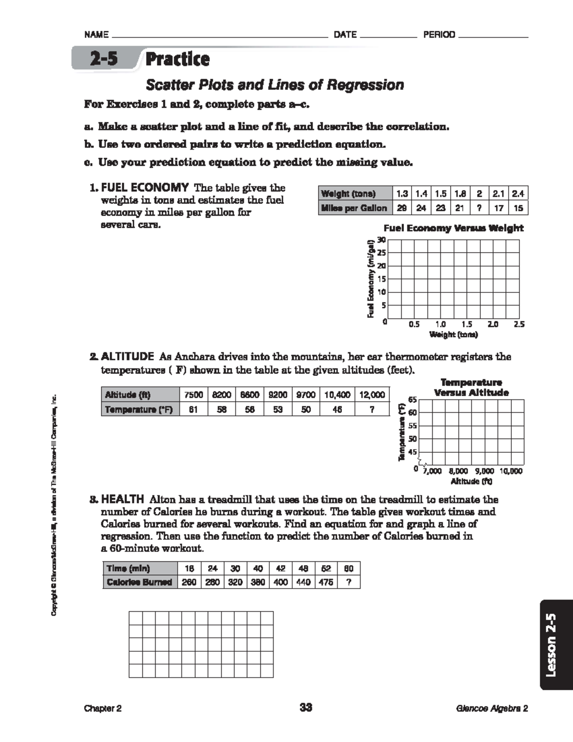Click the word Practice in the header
point(177,59)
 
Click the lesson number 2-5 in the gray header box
point(104,59)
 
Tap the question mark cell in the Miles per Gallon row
point(479,208)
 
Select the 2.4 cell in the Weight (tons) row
point(518,194)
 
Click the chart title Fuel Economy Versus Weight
point(453,228)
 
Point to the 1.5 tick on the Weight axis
point(467,324)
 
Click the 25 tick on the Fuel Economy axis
point(382,253)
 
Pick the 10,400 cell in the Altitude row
point(337,395)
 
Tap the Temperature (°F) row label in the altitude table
point(138,409)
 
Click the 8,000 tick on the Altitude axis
point(458,471)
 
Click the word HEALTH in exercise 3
point(122,499)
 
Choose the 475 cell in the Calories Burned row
point(326,582)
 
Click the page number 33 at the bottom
point(306,708)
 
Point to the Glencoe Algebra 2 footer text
point(491,709)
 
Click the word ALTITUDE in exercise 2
point(127,356)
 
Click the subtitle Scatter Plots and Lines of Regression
point(275,85)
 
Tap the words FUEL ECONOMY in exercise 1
point(145,187)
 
